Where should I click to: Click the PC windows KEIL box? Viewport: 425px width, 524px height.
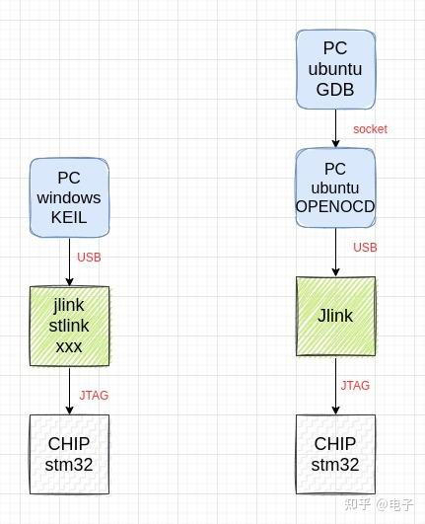point(69,197)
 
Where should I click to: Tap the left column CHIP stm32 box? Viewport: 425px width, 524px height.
point(69,454)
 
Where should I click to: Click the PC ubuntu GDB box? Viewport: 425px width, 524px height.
point(335,69)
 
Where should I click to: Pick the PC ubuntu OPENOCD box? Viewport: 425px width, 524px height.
point(335,187)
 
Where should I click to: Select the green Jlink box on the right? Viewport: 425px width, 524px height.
point(335,316)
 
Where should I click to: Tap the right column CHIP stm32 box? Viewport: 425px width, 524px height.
point(335,454)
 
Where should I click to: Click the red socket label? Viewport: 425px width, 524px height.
point(370,129)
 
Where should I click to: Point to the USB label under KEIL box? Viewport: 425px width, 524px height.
point(89,258)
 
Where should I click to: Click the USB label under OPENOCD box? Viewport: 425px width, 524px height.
point(365,248)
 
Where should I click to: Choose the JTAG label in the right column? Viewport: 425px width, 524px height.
point(355,386)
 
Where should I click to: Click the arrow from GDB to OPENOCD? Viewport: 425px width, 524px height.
point(335,128)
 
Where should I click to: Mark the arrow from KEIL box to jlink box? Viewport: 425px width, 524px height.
point(69,262)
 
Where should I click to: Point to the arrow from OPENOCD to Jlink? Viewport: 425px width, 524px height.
point(335,252)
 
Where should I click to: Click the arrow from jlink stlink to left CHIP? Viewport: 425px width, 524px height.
point(69,390)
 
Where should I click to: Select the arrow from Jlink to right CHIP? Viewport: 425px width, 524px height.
point(335,385)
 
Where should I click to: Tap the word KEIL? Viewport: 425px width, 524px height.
point(69,218)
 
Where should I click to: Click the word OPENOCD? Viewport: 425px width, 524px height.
point(335,206)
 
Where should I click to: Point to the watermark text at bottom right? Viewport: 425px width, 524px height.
point(380,503)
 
